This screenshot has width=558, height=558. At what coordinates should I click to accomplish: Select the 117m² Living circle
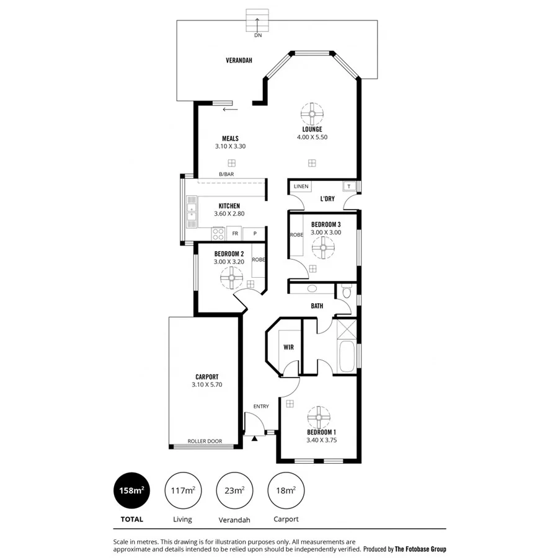[x=182, y=490]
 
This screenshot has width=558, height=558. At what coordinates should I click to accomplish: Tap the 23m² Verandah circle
[x=234, y=490]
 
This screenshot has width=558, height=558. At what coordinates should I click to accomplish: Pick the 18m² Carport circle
[x=285, y=490]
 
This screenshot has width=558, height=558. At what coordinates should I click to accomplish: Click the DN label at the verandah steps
[x=258, y=35]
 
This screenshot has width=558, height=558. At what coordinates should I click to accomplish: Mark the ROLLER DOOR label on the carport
[x=205, y=442]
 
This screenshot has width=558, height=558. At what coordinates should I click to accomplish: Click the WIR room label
[x=288, y=348]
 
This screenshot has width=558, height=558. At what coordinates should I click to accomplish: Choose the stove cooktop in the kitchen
[x=218, y=234]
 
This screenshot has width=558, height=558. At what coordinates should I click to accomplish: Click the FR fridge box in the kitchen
[x=235, y=234]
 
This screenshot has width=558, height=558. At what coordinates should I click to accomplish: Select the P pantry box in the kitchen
[x=254, y=234]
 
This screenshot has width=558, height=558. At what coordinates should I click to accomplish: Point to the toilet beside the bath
[x=347, y=290]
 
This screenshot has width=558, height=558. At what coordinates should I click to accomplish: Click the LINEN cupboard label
[x=301, y=186]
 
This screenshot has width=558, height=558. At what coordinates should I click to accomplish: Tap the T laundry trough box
[x=348, y=187]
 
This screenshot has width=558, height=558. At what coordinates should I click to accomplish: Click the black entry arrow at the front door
[x=255, y=439]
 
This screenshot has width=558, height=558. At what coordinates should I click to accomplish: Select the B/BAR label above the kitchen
[x=226, y=175]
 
